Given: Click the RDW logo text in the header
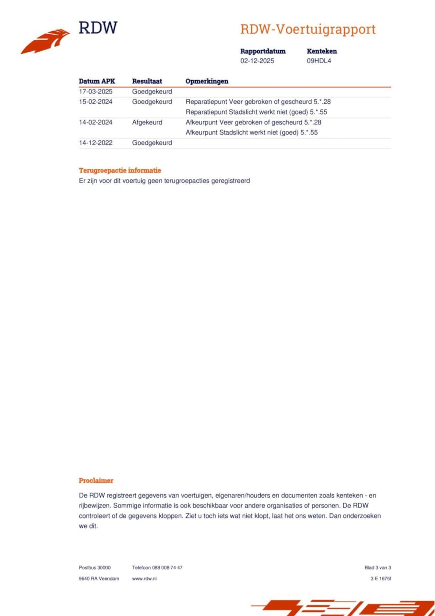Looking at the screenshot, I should pos(98,28).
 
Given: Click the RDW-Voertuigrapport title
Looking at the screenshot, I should pos(308,29).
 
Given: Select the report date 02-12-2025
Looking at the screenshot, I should pos(257,61).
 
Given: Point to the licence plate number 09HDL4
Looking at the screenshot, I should pos(319,61).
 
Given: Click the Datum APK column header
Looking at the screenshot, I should pos(97,81).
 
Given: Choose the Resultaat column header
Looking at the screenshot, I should pos(147,81).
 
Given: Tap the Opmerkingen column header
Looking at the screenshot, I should pos(207,81).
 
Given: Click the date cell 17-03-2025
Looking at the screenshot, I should pos(95,91).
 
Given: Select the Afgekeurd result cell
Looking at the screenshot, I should pos(147,122).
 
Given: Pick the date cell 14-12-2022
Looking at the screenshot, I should pos(95,143).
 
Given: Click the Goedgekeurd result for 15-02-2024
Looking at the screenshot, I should pos(152,102).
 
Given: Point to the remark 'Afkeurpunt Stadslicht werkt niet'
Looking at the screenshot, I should pos(251,133).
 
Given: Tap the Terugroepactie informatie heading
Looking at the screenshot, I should pos(120,170).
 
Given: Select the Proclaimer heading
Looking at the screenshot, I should pos(96,480).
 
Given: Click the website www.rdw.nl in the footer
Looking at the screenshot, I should pos(144,578).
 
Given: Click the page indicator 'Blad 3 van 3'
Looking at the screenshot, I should pos(378,567).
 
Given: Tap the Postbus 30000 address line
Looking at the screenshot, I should pos(95,567).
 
